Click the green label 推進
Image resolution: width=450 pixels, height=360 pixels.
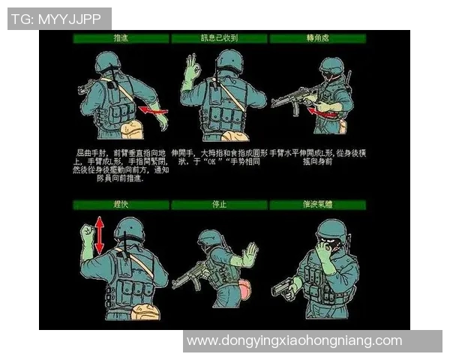(x=120, y=37)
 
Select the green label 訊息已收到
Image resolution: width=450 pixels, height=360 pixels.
(x=218, y=37)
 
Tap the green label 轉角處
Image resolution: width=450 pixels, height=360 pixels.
(x=317, y=37)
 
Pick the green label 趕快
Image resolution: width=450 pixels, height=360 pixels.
(x=120, y=204)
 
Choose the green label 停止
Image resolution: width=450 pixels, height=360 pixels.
(x=218, y=204)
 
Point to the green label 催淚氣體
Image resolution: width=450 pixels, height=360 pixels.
(x=317, y=204)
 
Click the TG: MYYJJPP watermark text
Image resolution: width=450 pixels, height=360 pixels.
(x=59, y=19)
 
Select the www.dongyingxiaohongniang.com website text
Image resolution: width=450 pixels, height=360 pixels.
(x=294, y=340)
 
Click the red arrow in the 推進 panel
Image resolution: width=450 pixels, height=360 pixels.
(x=154, y=112)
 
